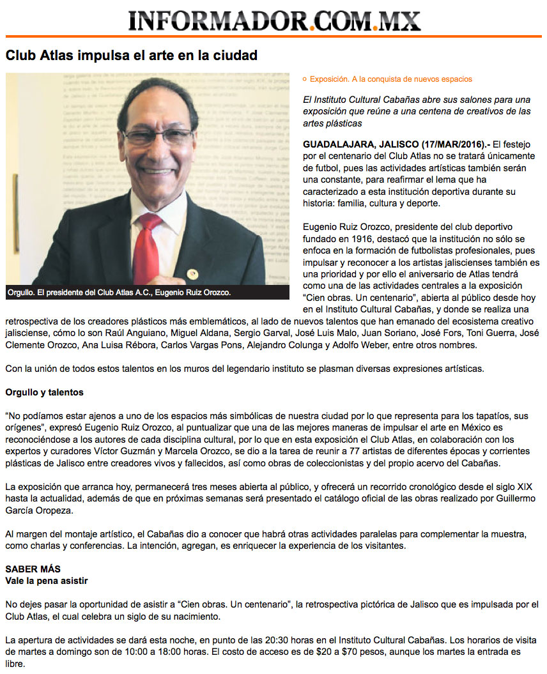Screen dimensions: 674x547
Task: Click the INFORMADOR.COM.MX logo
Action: coord(274,20)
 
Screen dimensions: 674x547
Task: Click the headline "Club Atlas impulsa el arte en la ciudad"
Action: coord(132,56)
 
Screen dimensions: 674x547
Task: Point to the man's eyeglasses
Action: coord(157,136)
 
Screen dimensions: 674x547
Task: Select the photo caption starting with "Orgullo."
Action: coord(119,293)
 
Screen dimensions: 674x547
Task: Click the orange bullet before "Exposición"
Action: coord(305,79)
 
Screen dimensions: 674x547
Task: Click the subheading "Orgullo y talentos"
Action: coord(44,392)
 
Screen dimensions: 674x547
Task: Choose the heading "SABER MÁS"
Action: coord(32,569)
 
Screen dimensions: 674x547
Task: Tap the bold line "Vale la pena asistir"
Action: coord(46,581)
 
